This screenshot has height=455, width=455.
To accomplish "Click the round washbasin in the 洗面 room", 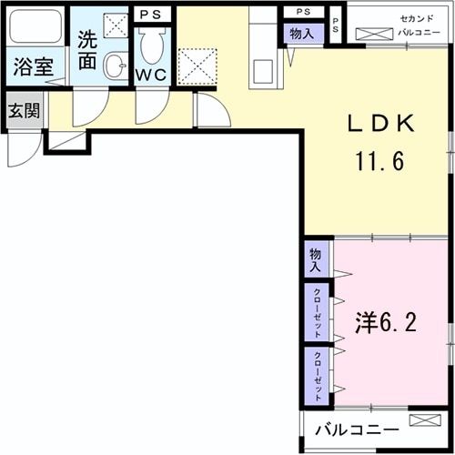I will click(116, 66).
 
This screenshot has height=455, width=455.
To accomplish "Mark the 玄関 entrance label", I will click(23, 112).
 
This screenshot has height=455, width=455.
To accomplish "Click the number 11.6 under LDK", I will click(380, 163).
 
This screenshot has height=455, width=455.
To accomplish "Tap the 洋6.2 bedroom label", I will click(386, 323).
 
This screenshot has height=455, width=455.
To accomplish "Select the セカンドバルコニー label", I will click(397, 25).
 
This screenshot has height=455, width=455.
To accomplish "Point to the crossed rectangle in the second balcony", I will click(374, 35).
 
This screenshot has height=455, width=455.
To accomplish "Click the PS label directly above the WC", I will click(151, 15).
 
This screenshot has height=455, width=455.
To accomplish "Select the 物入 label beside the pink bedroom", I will click(315, 260).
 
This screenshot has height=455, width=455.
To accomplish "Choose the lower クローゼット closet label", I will click(316, 374).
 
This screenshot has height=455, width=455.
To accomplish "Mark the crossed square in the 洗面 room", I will click(116, 25).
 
